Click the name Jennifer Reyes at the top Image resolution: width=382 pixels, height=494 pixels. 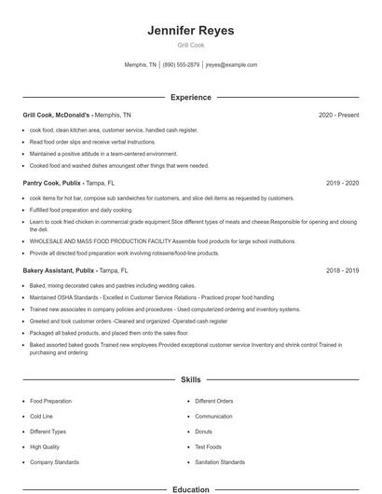(190, 31)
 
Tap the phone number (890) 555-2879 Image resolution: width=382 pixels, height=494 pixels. (181, 65)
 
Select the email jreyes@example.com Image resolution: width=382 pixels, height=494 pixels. (231, 65)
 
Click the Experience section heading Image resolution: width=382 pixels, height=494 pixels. (190, 97)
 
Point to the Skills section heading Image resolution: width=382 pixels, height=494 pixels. (190, 380)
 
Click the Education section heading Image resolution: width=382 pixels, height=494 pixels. (190, 488)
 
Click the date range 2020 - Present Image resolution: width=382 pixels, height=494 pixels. (338, 115)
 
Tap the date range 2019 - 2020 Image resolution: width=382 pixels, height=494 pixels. (342, 184)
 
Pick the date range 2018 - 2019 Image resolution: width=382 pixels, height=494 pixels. (342, 270)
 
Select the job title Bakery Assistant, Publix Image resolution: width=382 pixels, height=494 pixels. (60, 270)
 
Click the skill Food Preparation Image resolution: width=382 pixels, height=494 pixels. (50, 401)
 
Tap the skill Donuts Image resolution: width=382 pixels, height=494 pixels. (203, 432)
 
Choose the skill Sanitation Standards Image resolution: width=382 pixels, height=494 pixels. (220, 462)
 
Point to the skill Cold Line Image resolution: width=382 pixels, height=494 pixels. (41, 417)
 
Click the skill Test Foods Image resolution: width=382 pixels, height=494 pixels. (207, 446)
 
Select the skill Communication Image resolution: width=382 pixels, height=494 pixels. (213, 417)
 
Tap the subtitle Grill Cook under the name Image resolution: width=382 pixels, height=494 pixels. (190, 46)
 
